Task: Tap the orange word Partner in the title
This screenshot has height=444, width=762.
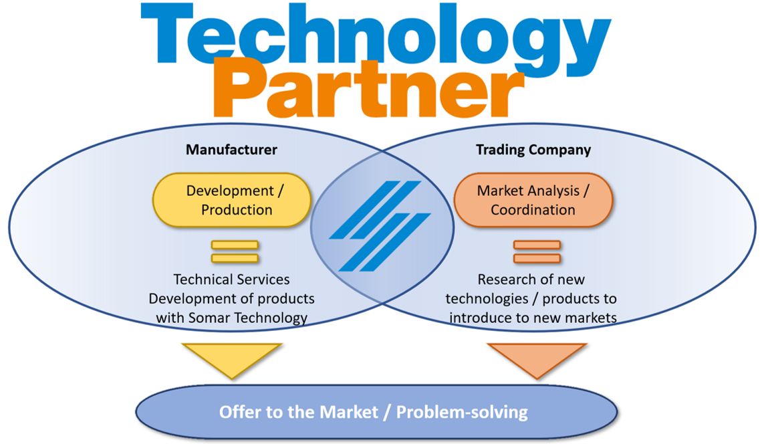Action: (x=368, y=88)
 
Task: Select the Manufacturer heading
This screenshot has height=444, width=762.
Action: (x=231, y=149)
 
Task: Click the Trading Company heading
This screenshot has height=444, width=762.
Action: (x=533, y=150)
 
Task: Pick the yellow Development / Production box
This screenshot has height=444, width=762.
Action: (x=232, y=200)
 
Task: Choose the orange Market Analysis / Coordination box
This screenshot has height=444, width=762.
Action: (x=533, y=200)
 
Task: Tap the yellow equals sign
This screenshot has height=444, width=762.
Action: (x=235, y=251)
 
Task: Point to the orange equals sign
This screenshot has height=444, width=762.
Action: (x=537, y=251)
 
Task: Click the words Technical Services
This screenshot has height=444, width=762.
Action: (x=231, y=279)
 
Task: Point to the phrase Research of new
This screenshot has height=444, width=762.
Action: (x=531, y=279)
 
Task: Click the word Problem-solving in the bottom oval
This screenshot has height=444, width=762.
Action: (x=462, y=413)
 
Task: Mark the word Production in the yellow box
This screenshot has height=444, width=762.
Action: (x=237, y=209)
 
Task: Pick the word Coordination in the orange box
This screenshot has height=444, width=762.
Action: (x=533, y=209)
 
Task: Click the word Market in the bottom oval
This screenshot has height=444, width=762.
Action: (x=348, y=412)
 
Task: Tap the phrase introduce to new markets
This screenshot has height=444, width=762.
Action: (x=533, y=318)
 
